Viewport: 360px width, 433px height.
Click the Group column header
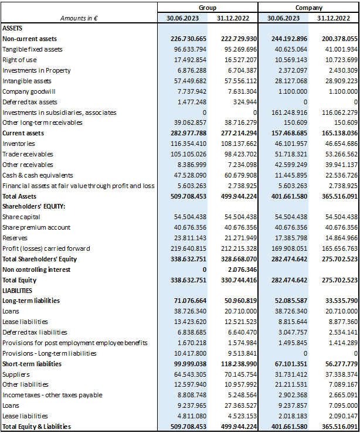pyautogui.click(x=208, y=8)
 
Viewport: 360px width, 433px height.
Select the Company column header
pyautogui.click(x=308, y=8)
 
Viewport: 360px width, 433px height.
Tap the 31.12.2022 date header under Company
pyautogui.click(x=334, y=18)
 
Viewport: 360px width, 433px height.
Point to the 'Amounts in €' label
pyautogui.click(x=79, y=18)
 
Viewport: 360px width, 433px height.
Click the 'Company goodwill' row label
pyautogui.click(x=29, y=91)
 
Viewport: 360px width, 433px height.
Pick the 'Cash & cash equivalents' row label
pyautogui.click(x=38, y=175)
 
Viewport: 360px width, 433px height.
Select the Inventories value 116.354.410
pyautogui.click(x=188, y=144)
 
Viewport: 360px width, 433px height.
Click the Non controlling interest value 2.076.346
pyautogui.click(x=242, y=270)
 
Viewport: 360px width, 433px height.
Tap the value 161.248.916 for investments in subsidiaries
pyautogui.click(x=289, y=112)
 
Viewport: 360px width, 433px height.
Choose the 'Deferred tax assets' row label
pyautogui.click(x=30, y=102)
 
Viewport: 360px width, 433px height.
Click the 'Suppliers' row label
pyautogui.click(x=16, y=374)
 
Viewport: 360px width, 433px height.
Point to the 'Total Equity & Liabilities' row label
pyautogui.click(x=37, y=427)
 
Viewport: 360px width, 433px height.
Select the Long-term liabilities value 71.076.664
pyautogui.click(x=190, y=301)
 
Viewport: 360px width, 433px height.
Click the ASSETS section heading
pyautogui.click(x=12, y=28)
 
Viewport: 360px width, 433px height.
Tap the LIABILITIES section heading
pyautogui.click(x=17, y=291)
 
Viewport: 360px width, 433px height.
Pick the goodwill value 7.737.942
pyautogui.click(x=192, y=91)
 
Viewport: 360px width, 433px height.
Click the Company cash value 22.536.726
pyautogui.click(x=341, y=175)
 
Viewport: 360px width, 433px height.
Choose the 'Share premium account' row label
pyautogui.click(x=36, y=227)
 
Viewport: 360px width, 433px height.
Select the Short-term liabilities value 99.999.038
pyautogui.click(x=190, y=364)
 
